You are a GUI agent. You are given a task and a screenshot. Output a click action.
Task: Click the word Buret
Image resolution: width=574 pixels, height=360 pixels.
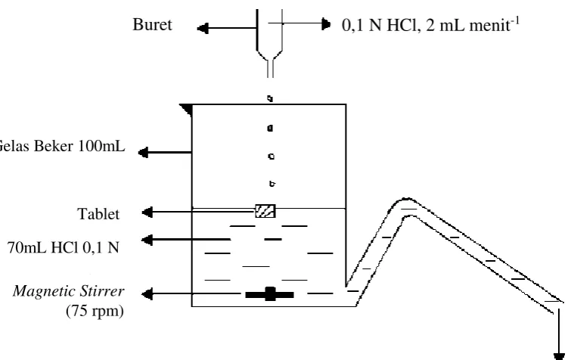[152, 25]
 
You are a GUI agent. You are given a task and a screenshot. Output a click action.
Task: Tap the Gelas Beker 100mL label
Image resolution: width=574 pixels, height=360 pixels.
[61, 146]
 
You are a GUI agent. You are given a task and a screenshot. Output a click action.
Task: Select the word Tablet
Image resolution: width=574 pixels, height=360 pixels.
[98, 214]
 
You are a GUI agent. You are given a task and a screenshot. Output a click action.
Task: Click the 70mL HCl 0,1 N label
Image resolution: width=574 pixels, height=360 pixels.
[64, 247]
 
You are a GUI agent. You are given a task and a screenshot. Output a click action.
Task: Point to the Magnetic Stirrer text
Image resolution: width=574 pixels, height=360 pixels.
[69, 291]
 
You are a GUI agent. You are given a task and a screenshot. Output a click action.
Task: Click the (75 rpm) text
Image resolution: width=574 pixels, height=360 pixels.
[95, 311]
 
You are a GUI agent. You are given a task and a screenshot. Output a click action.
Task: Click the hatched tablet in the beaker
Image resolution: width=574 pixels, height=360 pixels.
[265, 211]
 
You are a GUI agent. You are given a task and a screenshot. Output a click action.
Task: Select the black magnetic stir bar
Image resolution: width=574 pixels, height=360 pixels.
[270, 294]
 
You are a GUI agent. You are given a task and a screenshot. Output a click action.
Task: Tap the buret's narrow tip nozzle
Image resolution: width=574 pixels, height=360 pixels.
[271, 69]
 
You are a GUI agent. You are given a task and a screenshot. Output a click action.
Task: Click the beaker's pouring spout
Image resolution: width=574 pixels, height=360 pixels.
[185, 110]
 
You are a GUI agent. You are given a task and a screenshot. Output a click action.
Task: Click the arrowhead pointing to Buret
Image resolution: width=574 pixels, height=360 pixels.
[203, 28]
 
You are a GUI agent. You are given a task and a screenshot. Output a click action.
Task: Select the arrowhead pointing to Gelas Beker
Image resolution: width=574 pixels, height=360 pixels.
[143, 152]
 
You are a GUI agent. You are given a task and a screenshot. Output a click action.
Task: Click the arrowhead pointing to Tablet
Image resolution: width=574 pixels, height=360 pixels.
[147, 212]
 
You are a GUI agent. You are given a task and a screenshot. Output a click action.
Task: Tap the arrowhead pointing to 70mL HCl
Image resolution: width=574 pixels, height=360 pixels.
[147, 241]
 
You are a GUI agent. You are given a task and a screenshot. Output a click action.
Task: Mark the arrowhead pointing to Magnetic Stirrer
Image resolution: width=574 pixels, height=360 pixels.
[147, 293]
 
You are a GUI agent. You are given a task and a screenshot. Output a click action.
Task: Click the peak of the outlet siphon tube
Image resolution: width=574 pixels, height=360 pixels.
[406, 200]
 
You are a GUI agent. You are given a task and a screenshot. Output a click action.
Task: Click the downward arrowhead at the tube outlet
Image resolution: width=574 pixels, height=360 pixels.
[559, 356]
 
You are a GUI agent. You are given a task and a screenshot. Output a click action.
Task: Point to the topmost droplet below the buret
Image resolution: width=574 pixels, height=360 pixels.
[270, 98]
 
